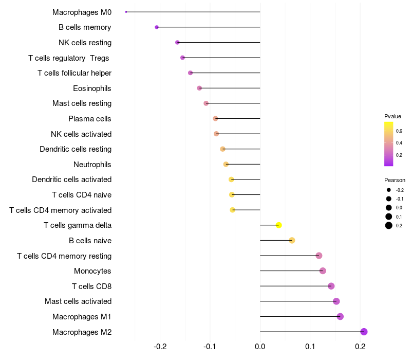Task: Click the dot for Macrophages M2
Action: [x=364, y=332]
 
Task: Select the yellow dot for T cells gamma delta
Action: [x=278, y=225]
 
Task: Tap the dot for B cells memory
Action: [x=157, y=27]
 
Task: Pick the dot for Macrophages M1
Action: [x=340, y=316]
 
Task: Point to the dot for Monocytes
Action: [x=323, y=271]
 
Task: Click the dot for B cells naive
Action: [x=292, y=240]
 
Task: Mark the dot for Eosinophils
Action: [x=199, y=88]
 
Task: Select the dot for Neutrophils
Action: [x=226, y=164]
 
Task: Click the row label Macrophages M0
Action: [x=82, y=12]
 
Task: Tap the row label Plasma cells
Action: [x=90, y=119]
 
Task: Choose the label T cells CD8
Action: [x=91, y=286]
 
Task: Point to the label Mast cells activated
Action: [x=78, y=301]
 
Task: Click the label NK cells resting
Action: [x=85, y=42]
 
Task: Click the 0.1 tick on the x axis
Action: [x=310, y=347]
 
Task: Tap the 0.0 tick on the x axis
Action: [x=260, y=347]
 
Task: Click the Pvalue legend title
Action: [x=393, y=116]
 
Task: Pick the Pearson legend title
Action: [x=395, y=180]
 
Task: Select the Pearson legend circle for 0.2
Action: [x=389, y=225]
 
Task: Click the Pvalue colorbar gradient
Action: [x=389, y=144]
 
